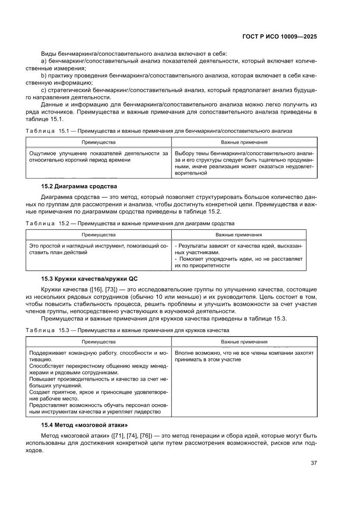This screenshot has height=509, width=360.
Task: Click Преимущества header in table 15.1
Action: coord(98,142)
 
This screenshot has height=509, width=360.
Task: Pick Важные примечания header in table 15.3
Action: coord(244,342)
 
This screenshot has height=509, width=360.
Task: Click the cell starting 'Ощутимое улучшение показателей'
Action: coord(98,157)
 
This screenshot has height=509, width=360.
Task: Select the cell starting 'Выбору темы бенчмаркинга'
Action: coord(244,163)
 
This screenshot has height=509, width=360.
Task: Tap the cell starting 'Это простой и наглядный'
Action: coord(98,249)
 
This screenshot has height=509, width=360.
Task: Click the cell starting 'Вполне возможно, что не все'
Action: coord(244,356)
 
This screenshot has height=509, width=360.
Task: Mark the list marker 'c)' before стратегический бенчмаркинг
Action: coord(44,90)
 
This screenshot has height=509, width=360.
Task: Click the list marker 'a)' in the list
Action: coord(44,61)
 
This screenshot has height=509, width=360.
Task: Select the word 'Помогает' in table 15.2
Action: coord(191,259)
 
